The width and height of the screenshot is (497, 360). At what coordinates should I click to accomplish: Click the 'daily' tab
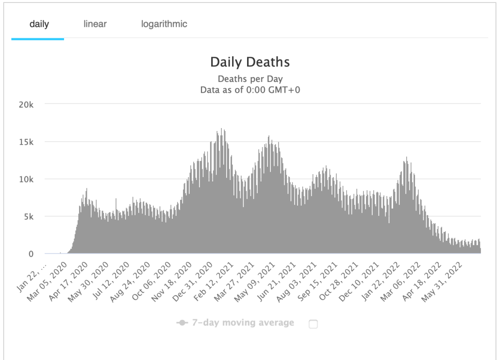click(39, 24)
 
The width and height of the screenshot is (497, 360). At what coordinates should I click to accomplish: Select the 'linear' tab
click(95, 24)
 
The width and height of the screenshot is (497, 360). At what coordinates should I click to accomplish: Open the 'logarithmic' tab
click(164, 24)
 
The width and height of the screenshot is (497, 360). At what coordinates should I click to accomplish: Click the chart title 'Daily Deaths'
click(249, 62)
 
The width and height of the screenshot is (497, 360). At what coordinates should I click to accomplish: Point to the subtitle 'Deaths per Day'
click(250, 79)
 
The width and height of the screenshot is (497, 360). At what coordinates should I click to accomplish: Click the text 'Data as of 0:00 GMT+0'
click(250, 89)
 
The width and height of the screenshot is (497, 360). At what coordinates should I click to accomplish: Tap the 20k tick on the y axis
click(26, 104)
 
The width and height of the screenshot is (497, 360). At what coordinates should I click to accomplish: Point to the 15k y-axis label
click(26, 142)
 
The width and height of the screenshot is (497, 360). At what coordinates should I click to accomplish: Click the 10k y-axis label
click(26, 179)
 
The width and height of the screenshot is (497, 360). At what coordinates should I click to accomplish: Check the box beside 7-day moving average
click(313, 324)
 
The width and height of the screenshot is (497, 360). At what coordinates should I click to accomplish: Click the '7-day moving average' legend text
click(243, 323)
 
